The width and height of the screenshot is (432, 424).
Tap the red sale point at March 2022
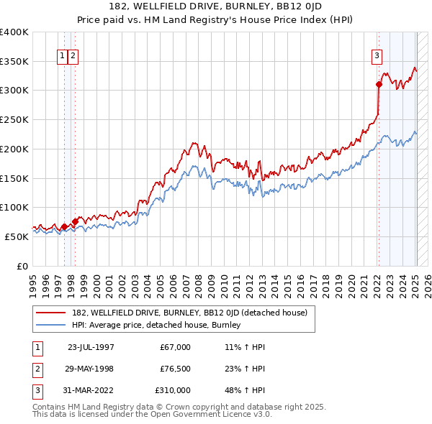pyautogui.click(x=379, y=84)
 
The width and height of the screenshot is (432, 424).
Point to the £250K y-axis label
pyautogui.click(x=14, y=120)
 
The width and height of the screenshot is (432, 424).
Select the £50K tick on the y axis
pyautogui.click(x=17, y=236)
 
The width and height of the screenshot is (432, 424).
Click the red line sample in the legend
pyautogui.click(x=51, y=313)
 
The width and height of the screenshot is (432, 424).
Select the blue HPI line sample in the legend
pyautogui.click(x=51, y=325)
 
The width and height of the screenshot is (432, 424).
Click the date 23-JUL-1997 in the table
pyautogui.click(x=91, y=347)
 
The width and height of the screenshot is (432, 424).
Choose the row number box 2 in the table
pyautogui.click(x=37, y=369)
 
